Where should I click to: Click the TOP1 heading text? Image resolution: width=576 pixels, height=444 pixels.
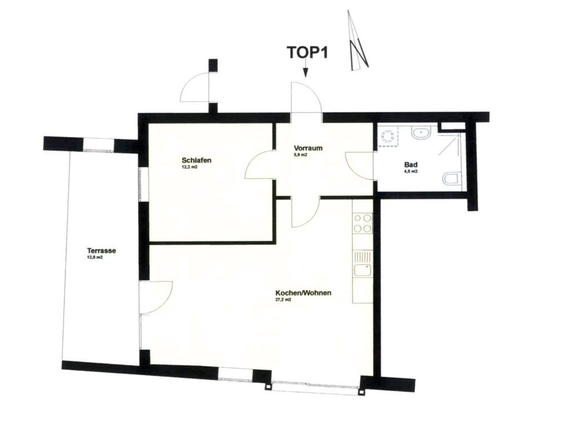coord(307,52)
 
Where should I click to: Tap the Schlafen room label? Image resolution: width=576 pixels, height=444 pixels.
coord(196,160)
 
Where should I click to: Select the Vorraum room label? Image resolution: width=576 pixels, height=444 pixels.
coord(308,148)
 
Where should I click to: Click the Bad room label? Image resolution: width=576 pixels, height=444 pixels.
coord(411,165)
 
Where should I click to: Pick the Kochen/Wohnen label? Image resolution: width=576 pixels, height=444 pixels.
coord(303,293)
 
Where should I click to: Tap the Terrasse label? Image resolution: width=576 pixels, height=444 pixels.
coord(102,251)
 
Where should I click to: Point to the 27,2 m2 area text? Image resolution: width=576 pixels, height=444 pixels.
coord(283,300)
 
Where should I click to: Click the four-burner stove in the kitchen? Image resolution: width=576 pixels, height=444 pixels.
coord(362,223)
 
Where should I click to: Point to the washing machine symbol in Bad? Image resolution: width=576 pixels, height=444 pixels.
coord(388,136)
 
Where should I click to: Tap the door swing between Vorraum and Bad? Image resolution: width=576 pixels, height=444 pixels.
coord(359,166)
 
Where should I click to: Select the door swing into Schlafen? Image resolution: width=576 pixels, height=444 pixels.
coord(260,164)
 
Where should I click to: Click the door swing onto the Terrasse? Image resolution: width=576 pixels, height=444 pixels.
coord(156,298)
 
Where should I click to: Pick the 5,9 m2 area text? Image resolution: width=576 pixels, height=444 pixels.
coord(301,155)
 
